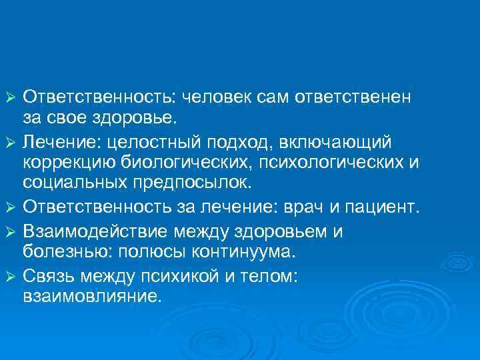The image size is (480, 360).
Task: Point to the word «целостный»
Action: pos(171,142)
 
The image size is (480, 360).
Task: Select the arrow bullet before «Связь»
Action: pos(9,275)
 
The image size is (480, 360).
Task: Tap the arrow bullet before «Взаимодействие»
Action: pos(9,231)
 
